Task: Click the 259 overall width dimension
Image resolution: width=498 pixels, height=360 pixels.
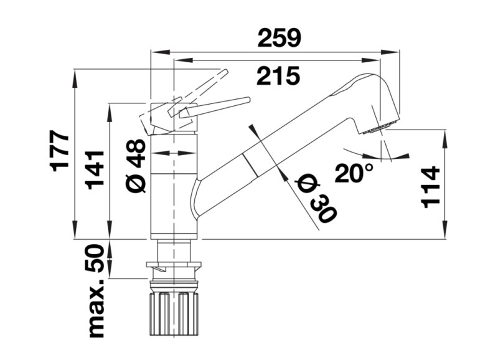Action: point(280,39)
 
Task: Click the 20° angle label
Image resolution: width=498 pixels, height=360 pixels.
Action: point(353,172)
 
